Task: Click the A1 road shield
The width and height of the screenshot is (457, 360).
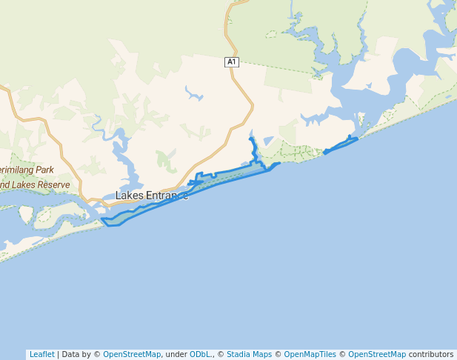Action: point(232,62)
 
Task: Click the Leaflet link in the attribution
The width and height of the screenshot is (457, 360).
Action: point(41,354)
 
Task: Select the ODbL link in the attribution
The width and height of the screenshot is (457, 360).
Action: point(200,354)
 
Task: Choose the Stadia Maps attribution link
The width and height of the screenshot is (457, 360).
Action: point(249,354)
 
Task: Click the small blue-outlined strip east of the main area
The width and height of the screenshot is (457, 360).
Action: point(341,144)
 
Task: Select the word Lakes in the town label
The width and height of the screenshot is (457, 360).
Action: point(129,196)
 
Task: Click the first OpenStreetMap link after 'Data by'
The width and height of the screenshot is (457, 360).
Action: point(132,354)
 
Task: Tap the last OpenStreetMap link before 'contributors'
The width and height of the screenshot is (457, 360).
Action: point(377,354)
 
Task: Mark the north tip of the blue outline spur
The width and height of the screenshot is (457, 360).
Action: point(251,139)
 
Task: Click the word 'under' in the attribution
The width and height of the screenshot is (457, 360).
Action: point(176,354)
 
